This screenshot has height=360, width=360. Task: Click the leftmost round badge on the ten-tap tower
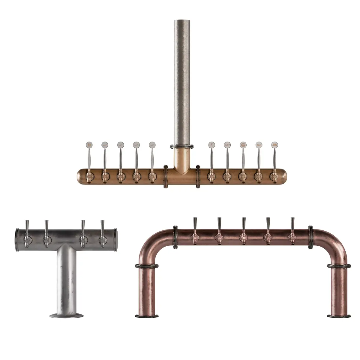[88, 145]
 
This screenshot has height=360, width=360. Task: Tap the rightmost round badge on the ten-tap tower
[274, 145]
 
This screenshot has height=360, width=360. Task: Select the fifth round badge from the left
[152, 145]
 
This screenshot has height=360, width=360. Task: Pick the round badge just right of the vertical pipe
[211, 145]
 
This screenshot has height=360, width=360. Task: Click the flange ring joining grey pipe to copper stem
[182, 146]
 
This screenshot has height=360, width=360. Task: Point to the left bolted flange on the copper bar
[166, 176]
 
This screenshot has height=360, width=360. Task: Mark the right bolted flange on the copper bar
[198, 176]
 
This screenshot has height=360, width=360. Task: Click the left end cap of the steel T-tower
[16, 239]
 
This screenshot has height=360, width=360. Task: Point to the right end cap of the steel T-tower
[116, 239]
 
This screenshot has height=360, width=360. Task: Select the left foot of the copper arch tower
[146, 316]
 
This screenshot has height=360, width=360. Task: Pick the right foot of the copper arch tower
[339, 316]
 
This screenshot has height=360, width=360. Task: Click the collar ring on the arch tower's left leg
[146, 266]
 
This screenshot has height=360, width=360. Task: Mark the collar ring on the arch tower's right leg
[339, 266]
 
